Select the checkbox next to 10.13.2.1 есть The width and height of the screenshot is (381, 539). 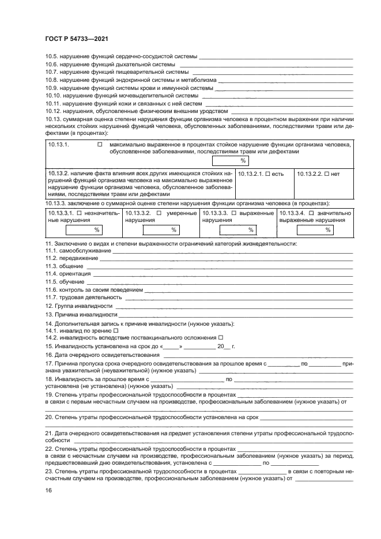266,173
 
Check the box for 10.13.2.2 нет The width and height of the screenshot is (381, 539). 327,173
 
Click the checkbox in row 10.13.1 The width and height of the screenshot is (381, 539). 100,145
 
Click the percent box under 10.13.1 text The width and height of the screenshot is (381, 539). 231,161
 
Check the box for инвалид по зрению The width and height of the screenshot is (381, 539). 116,330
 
